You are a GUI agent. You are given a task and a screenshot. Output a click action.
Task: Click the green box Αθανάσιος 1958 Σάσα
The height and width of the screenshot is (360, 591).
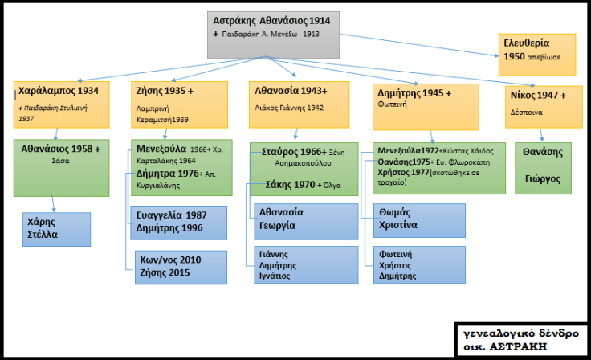tap(61, 167)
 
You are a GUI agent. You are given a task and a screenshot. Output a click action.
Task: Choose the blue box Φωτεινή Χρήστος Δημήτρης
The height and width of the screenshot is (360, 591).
tap(418, 264)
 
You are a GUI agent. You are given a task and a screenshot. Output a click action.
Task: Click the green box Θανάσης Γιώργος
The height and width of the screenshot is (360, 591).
tap(542, 167)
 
